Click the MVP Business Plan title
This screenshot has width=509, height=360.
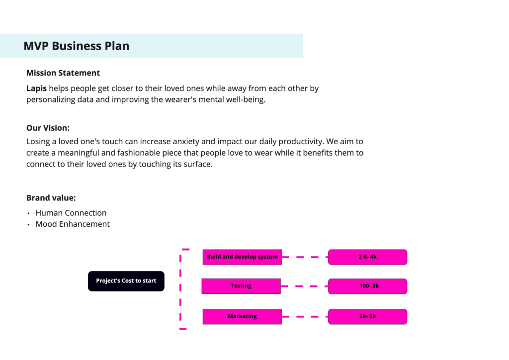tap(76, 46)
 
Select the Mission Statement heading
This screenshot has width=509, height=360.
tap(63, 73)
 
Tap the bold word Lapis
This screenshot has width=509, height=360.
tap(36, 89)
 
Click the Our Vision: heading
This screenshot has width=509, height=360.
tap(48, 128)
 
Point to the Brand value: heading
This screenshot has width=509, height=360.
tap(51, 198)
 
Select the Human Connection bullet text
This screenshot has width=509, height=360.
tap(71, 213)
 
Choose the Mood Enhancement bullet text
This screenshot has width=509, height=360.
tap(73, 224)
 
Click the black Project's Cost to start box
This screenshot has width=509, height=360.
tap(126, 281)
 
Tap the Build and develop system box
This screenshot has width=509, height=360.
tap(242, 257)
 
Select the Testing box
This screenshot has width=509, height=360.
tap(241, 286)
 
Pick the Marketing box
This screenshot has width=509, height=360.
tap(242, 317)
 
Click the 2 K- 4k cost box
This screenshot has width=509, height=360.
tap(367, 257)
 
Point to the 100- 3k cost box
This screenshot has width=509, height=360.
tap(367, 286)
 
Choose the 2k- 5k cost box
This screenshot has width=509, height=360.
tap(367, 317)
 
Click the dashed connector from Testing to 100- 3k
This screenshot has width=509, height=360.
tap(305, 286)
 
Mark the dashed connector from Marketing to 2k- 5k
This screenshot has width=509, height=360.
tap(305, 317)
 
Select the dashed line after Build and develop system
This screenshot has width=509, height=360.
tap(305, 257)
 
